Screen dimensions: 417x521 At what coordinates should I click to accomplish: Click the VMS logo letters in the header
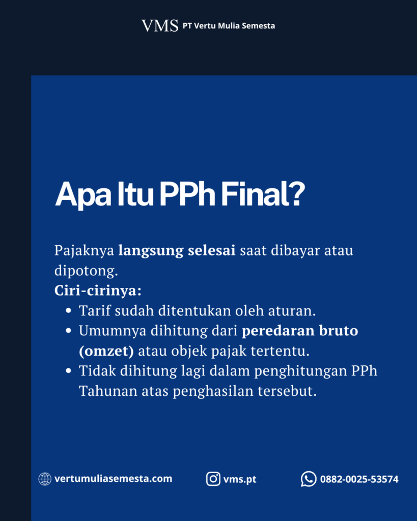[160, 25]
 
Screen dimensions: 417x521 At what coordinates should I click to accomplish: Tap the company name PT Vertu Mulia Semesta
[229, 26]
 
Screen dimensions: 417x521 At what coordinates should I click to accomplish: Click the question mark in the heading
[297, 193]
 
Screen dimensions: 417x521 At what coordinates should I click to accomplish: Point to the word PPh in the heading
[187, 193]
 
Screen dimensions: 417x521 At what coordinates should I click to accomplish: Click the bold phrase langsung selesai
[177, 250]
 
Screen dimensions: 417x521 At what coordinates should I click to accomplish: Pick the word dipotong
[86, 271]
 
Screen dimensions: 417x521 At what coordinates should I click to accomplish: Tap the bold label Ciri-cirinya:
[98, 291]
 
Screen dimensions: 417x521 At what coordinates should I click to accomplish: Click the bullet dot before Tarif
[69, 311]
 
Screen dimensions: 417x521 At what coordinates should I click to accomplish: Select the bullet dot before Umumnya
[69, 331]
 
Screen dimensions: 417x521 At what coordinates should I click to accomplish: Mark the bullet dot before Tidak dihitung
[69, 371]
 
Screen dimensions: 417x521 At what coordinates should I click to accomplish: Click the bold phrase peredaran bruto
[300, 331]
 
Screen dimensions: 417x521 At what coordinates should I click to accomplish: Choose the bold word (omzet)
[106, 351]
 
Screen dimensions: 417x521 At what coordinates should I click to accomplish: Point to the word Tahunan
[108, 391]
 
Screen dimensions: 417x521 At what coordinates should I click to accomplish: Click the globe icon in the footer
[45, 479]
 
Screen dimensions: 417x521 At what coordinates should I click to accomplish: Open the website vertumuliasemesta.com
[114, 479]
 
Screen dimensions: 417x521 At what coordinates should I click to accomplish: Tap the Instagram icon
[213, 479]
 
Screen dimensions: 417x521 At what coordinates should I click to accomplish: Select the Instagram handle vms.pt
[240, 479]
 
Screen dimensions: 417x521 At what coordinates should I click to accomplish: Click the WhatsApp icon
[309, 479]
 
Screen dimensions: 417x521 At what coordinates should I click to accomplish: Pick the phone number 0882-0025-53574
[359, 479]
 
